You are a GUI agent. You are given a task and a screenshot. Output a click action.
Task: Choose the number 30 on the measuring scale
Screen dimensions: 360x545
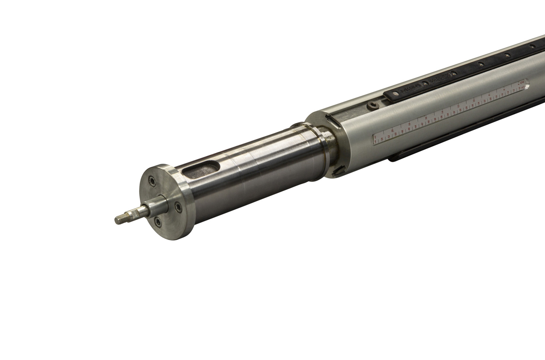click(x=461, y=110)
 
